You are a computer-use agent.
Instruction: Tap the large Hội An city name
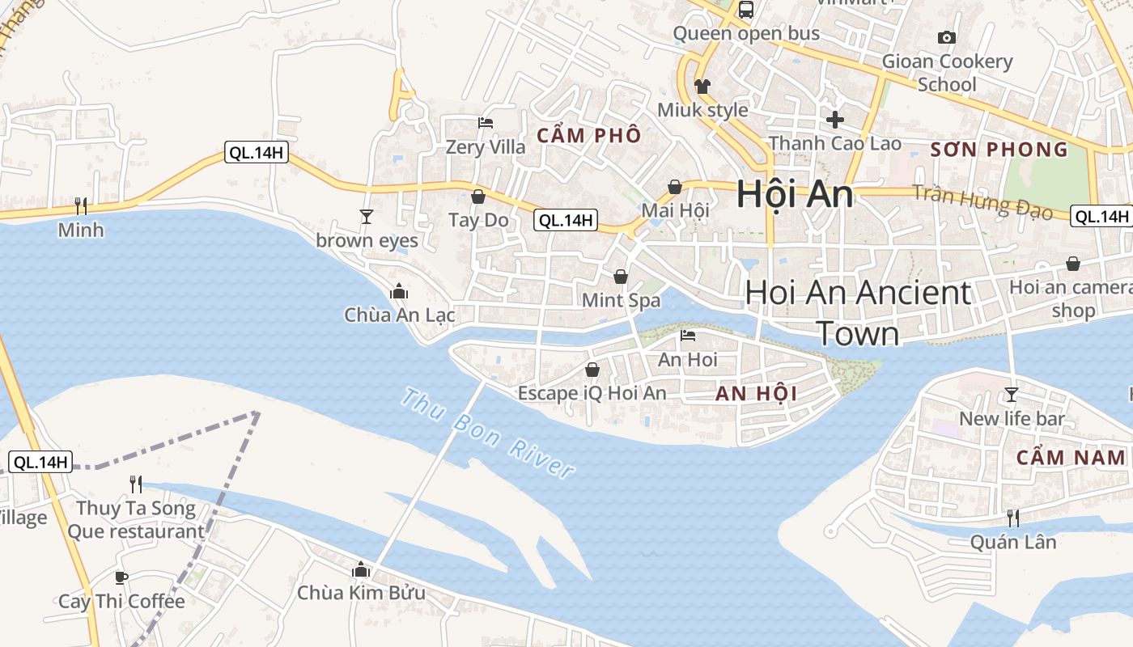click(795, 195)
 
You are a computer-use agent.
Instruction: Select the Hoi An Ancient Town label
click(858, 313)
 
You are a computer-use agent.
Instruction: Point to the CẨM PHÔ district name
click(589, 135)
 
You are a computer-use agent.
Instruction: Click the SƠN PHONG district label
click(999, 150)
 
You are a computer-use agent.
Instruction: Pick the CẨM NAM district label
click(1071, 457)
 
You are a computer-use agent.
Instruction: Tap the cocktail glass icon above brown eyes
click(367, 216)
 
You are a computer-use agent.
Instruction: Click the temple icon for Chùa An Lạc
click(399, 291)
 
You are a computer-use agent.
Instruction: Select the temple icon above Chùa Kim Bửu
click(361, 570)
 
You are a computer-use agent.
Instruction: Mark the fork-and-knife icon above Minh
click(81, 205)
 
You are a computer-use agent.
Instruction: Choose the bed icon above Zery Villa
click(486, 123)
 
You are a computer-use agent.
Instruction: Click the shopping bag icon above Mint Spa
click(621, 277)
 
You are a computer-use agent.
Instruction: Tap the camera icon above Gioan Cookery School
click(946, 37)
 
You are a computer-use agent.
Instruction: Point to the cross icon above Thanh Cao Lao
click(835, 120)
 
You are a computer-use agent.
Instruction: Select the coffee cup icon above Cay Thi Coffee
click(121, 577)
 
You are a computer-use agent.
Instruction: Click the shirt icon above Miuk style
click(702, 86)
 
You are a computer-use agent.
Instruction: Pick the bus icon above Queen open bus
click(746, 10)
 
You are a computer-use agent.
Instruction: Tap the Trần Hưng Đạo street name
click(982, 202)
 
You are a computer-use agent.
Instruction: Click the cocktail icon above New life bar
click(1011, 395)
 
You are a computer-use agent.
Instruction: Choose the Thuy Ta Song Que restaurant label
click(136, 520)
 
